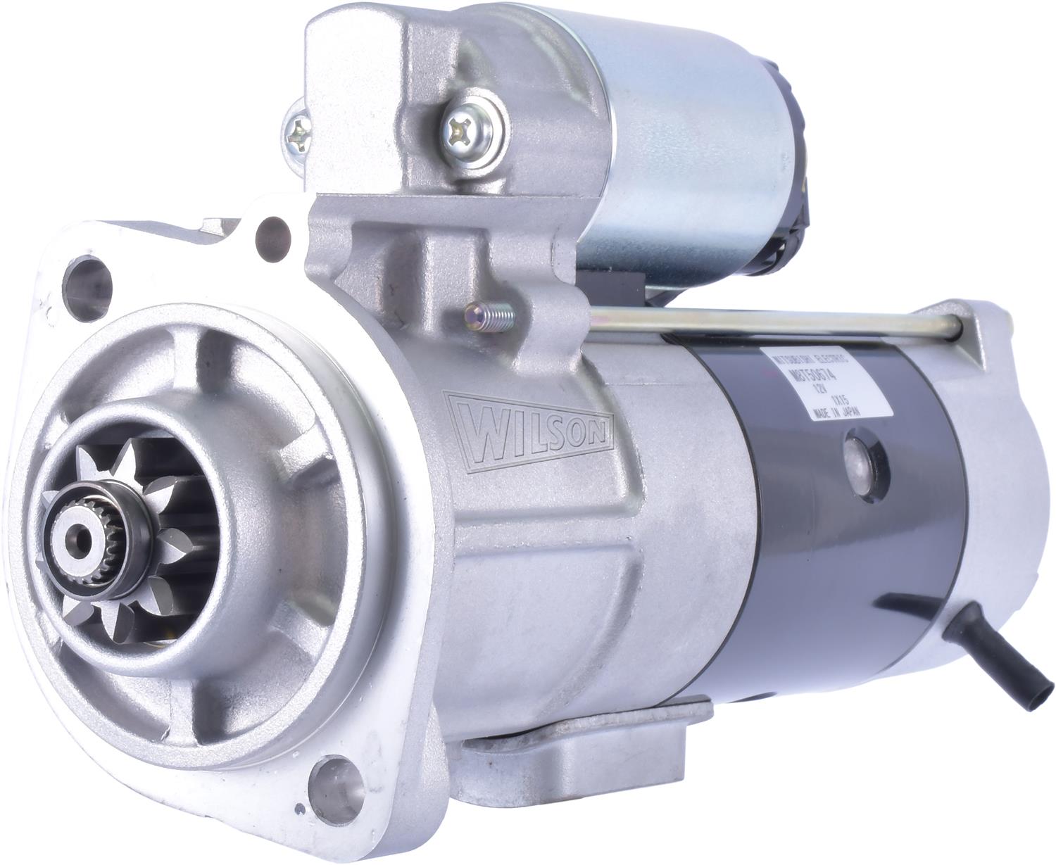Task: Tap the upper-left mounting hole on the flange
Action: (x=83, y=276)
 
